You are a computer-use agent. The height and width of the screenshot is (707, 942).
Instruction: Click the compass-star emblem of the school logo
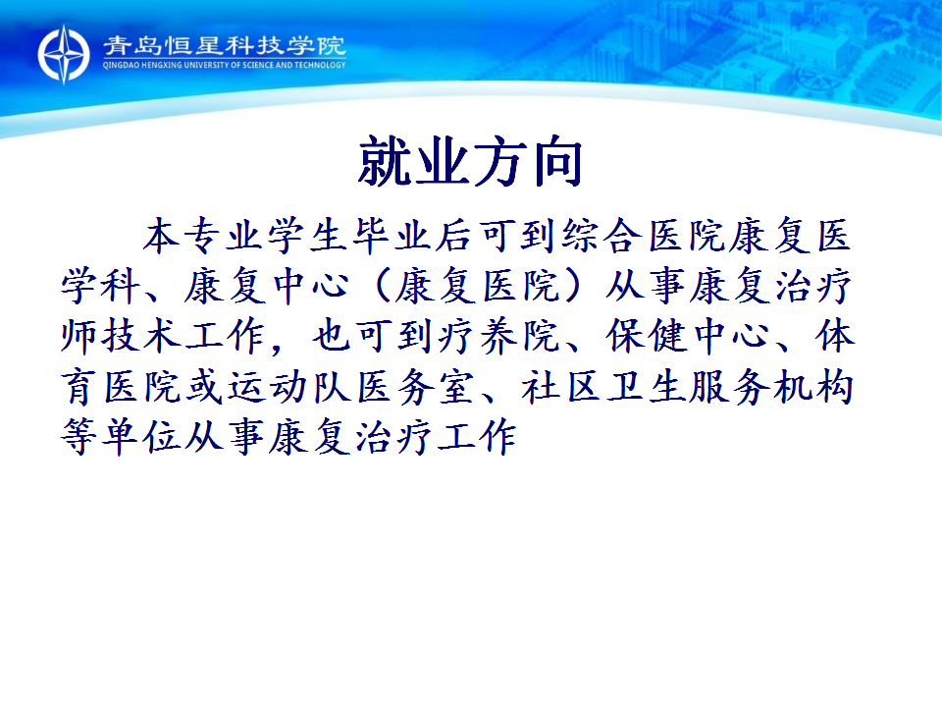coord(64,54)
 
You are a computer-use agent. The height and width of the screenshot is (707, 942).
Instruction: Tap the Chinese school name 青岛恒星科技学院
coord(225,46)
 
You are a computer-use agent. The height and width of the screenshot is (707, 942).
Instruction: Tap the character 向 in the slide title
coord(556,162)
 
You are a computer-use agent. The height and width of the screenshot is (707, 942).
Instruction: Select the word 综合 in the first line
coord(600,235)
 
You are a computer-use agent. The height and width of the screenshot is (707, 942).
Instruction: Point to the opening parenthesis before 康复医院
coord(381,286)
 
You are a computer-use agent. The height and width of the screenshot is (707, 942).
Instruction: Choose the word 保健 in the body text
coord(646,336)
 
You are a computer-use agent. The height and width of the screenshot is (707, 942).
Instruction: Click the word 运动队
coord(288,387)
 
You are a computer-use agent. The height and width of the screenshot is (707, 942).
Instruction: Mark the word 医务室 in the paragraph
coord(416,387)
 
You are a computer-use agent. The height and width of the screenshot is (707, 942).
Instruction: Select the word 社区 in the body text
coord(561,387)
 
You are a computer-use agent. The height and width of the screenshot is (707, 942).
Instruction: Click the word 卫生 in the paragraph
coord(646,387)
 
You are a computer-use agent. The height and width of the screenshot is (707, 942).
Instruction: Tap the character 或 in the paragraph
coord(205,387)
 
